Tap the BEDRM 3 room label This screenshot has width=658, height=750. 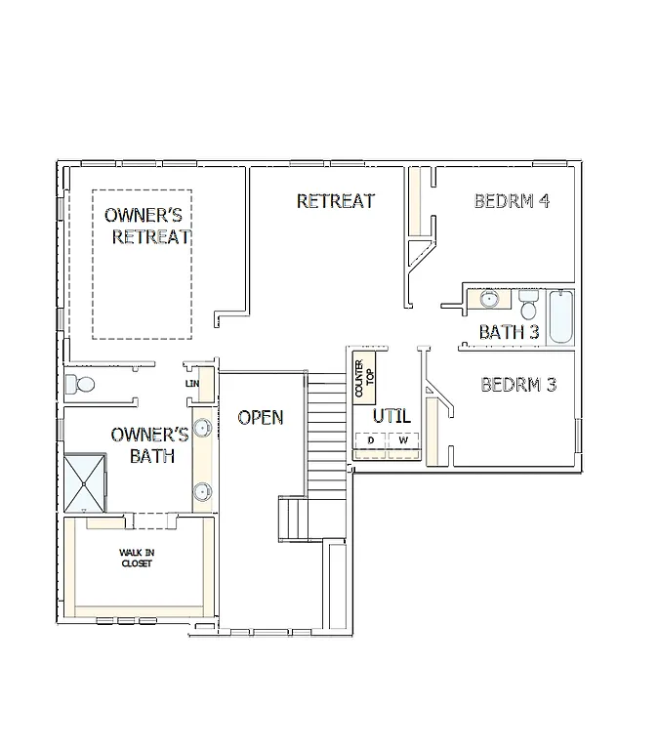pos(518,385)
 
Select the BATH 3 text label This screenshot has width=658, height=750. pos(509,332)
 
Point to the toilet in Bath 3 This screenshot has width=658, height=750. pos(528,306)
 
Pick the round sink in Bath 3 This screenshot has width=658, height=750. pos(489,300)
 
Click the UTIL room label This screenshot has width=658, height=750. pos(391,417)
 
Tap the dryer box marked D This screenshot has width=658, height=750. pos(370,441)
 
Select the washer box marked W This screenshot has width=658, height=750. pos(403,441)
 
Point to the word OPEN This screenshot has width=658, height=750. pos(261,418)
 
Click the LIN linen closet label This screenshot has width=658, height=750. pos(192,384)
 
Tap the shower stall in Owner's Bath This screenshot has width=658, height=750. pos(86,482)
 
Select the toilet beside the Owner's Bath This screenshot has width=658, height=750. pos(79,385)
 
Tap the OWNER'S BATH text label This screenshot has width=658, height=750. pos(149,444)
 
